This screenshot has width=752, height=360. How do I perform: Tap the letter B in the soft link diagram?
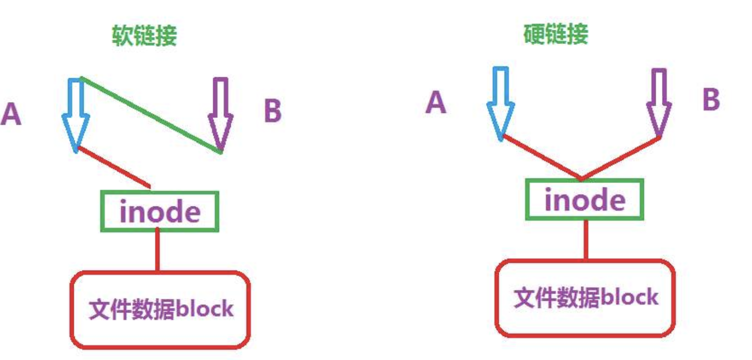click(272, 112)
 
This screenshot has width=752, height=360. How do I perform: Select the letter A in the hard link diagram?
click(436, 103)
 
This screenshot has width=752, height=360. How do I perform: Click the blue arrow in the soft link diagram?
click(76, 114)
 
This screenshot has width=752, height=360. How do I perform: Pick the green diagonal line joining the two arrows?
click(149, 114)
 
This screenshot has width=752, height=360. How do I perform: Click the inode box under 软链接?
click(160, 211)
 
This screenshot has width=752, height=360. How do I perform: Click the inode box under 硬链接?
click(585, 200)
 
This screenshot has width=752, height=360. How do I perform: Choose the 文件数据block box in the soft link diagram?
click(160, 309)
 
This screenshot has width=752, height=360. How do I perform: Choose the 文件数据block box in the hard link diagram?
click(585, 298)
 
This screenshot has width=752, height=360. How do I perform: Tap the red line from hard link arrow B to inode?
click(621, 158)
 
